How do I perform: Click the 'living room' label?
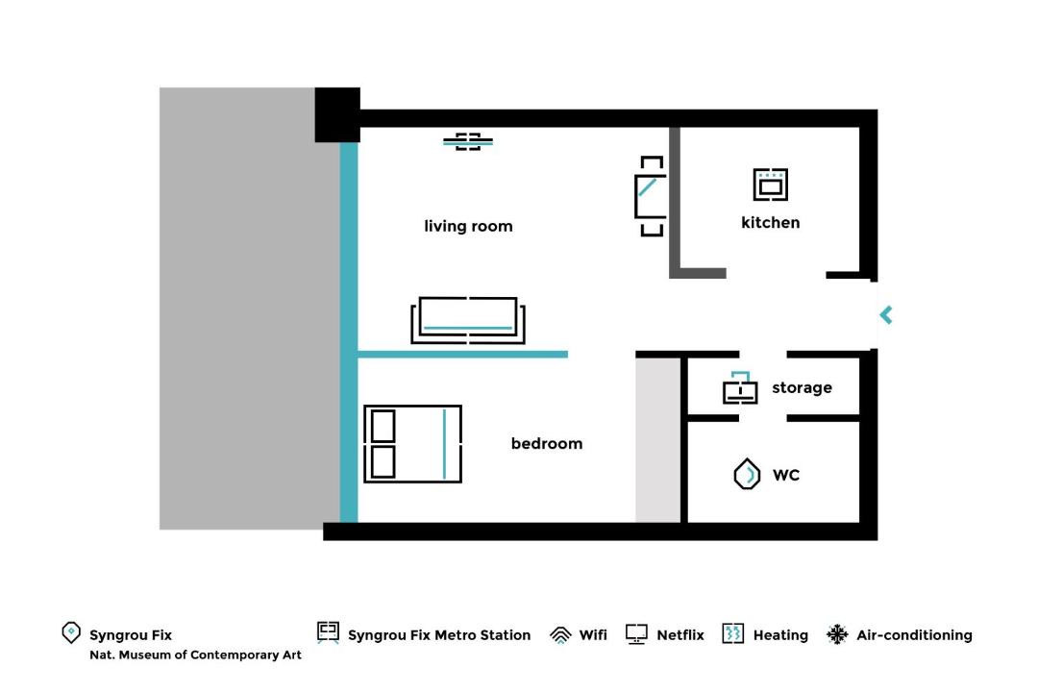tap(468, 226)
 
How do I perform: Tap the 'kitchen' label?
tap(770, 223)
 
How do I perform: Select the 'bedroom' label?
tap(547, 443)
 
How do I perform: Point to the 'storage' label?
tap(802, 388)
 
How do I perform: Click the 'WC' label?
tap(786, 475)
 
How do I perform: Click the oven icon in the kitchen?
tap(771, 185)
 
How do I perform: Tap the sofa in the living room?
tap(468, 320)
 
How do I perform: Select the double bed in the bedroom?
tap(412, 444)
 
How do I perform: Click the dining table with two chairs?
tap(652, 196)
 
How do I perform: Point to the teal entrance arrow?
tap(886, 315)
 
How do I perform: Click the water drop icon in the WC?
tap(747, 474)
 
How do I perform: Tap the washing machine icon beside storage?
tap(740, 387)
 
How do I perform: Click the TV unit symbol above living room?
tap(468, 141)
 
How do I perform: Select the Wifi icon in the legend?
tap(560, 635)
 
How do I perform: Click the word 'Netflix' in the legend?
tap(680, 635)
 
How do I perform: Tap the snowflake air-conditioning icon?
tap(837, 634)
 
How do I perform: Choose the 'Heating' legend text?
tap(780, 635)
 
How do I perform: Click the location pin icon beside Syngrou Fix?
tap(71, 632)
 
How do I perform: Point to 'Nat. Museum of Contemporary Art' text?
tap(195, 655)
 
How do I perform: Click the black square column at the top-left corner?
tap(337, 114)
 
